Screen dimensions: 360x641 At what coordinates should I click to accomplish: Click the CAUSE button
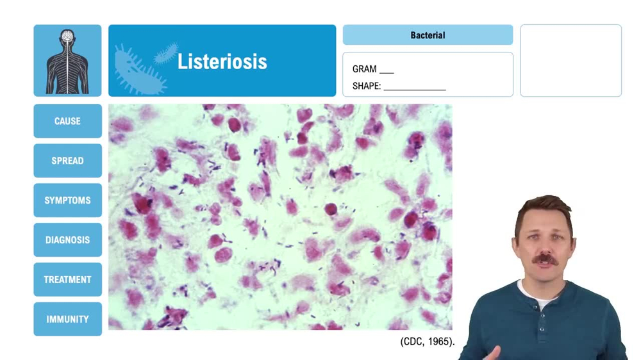67,121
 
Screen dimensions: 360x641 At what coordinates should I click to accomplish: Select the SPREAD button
67,161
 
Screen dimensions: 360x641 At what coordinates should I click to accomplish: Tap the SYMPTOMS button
67,200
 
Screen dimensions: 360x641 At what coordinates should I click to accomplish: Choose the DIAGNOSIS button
67,240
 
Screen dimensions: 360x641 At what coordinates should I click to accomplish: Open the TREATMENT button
67,280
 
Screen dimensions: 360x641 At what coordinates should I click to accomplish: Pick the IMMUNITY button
67,320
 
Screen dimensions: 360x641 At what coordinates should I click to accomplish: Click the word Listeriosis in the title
222,61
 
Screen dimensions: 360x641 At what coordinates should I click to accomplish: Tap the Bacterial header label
428,35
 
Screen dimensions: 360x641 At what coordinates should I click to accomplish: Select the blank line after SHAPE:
415,88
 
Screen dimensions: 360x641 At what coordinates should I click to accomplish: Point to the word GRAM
364,69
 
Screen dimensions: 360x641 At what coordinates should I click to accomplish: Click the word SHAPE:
367,86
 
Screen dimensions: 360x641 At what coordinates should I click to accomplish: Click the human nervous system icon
67,61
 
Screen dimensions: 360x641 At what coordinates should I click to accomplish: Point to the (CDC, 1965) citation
428,341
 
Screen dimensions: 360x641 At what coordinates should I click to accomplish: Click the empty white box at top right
570,61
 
